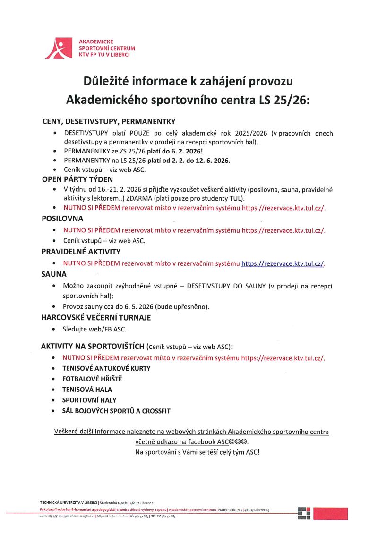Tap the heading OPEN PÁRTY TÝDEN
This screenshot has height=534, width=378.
coord(77,179)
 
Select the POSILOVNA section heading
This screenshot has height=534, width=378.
coord(62,219)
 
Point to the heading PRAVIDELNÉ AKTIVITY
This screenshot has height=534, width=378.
coord(81,252)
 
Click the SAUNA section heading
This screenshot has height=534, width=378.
coord(54,274)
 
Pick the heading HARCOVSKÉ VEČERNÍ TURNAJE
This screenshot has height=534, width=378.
coord(96,318)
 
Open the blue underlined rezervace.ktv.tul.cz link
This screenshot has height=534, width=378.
coord(283,263)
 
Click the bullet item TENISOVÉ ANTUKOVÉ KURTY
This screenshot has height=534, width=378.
coord(106,368)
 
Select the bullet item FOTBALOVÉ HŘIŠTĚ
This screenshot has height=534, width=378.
coord(92,379)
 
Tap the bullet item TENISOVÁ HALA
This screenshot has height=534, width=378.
coord(87,390)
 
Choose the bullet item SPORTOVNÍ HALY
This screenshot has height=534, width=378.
coord(89,400)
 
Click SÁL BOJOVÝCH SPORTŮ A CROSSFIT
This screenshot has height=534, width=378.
coord(116,411)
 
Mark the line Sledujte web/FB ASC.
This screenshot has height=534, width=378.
coord(94,329)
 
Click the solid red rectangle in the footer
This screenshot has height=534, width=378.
coord(330,513)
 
